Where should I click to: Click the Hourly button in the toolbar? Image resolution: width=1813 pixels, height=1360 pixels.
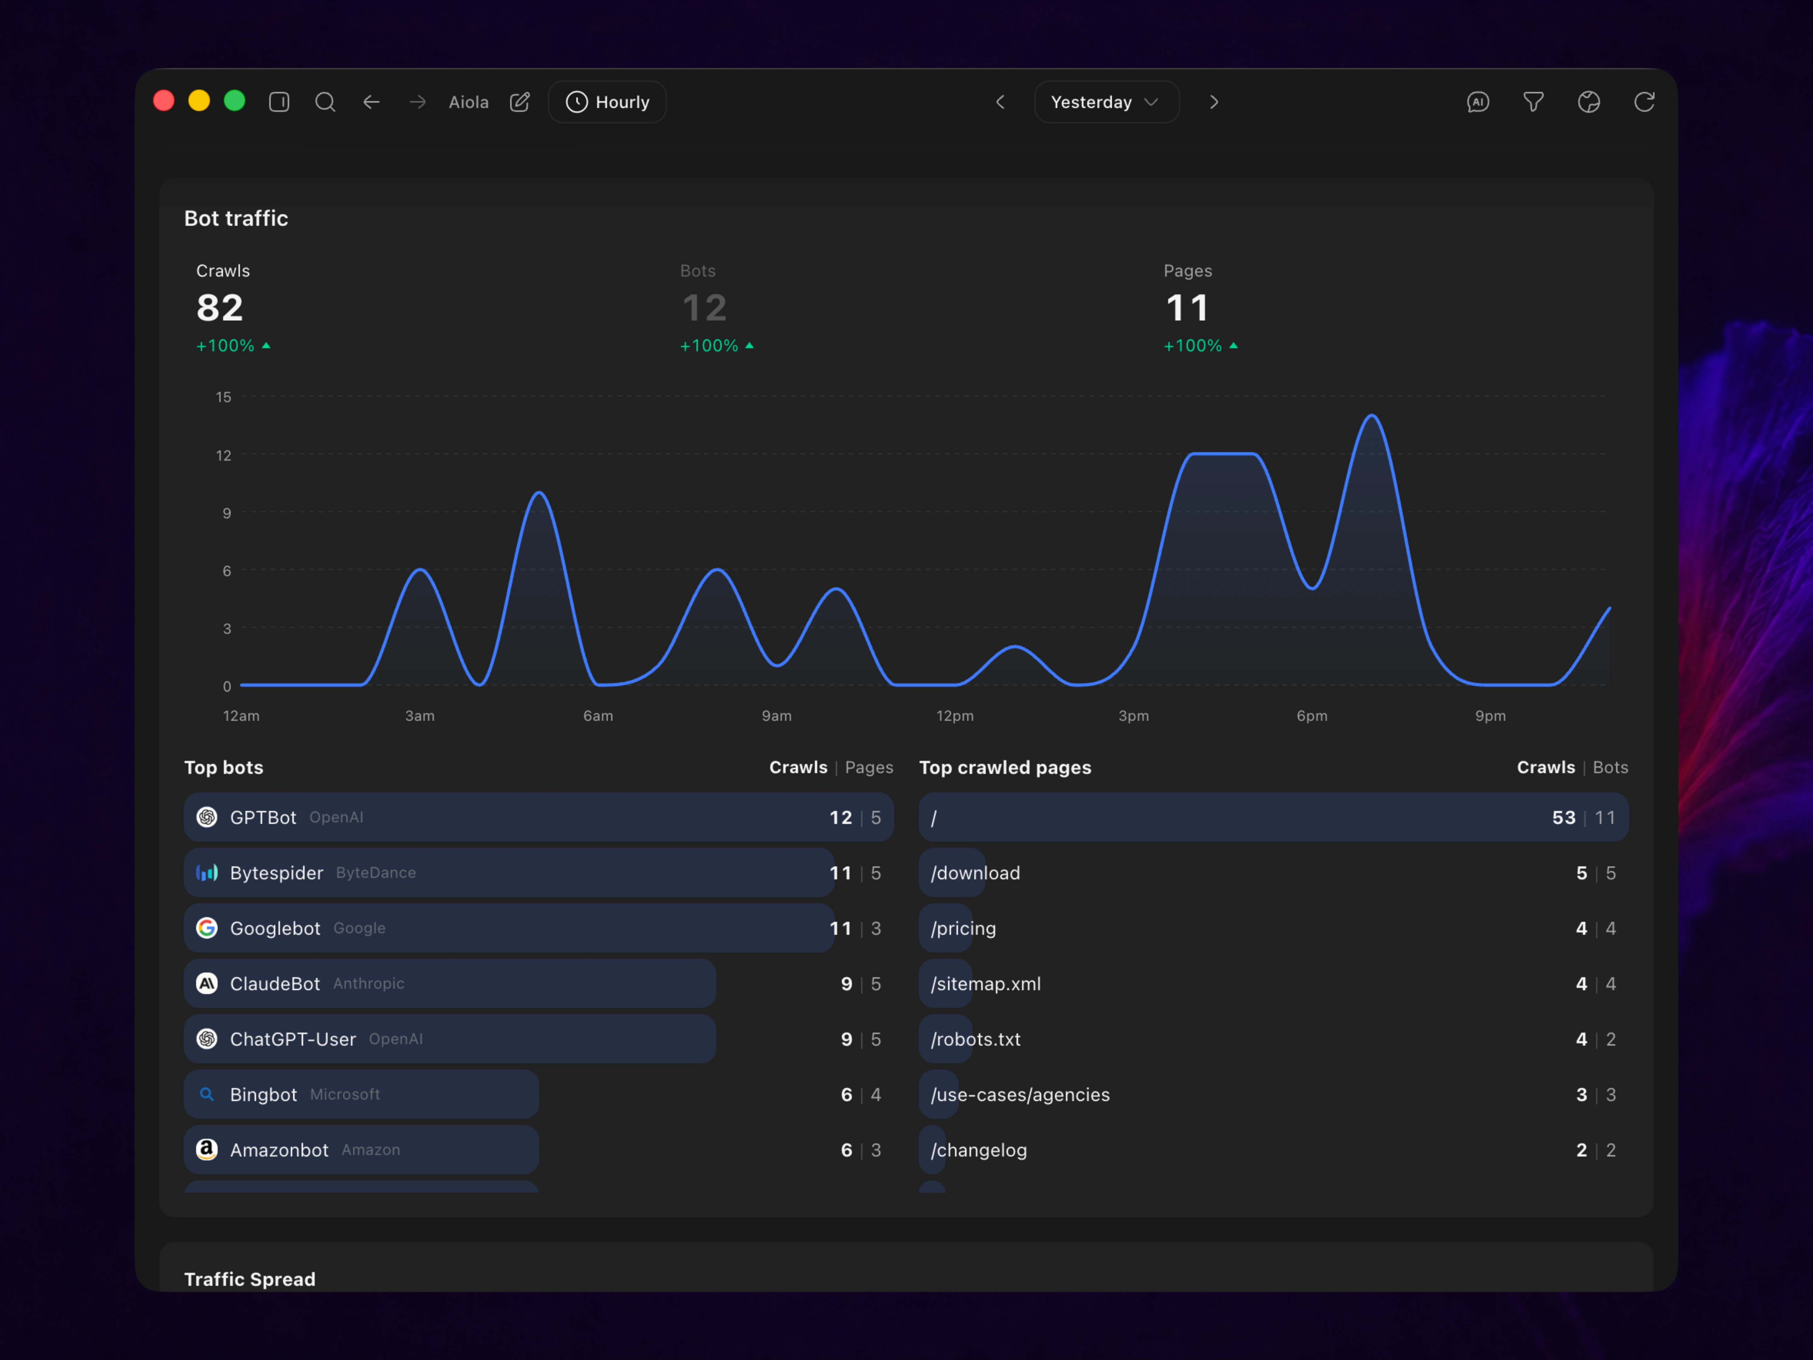coord(607,102)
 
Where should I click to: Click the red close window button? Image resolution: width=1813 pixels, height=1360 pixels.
coord(164,101)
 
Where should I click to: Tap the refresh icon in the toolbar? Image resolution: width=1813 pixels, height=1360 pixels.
coord(1644,102)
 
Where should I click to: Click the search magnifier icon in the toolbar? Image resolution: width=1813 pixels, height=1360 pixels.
coord(325,102)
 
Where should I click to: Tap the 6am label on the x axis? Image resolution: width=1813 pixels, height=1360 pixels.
coord(598,716)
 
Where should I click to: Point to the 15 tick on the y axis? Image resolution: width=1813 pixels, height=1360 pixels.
coord(224,397)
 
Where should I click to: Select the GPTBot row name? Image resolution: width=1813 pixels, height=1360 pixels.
coord(263,817)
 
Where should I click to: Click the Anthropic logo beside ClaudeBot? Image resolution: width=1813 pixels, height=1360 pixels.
coord(206,984)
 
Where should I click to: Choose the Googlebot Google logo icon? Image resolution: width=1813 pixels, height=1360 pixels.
coord(206,928)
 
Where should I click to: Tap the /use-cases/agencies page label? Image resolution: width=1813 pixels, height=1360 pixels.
coord(1020,1094)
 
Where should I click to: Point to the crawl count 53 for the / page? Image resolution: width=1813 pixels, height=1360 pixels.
coord(1563,817)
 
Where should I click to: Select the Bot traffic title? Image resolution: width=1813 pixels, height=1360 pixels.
coord(236,218)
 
